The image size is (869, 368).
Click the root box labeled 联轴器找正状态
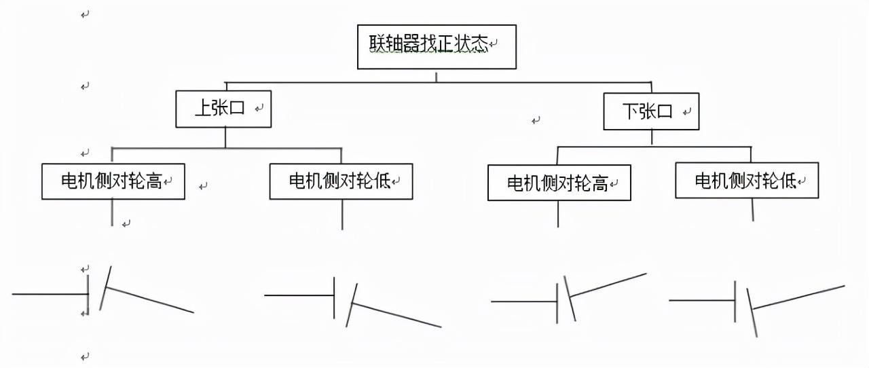click(x=437, y=46)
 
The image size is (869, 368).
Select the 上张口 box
click(x=223, y=109)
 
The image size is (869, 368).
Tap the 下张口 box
click(x=651, y=111)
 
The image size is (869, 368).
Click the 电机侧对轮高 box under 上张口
click(x=113, y=181)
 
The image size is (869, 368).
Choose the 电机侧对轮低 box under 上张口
click(x=341, y=181)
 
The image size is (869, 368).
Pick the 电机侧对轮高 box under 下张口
click(x=559, y=183)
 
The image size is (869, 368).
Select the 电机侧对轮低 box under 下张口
click(x=746, y=180)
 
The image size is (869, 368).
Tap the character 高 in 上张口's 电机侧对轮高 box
click(x=154, y=181)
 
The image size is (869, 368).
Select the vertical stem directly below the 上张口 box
click(x=225, y=137)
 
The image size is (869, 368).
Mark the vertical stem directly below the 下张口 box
click(x=652, y=137)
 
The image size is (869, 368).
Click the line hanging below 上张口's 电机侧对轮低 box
click(x=342, y=214)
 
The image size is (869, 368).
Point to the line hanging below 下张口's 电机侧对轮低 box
click(x=753, y=209)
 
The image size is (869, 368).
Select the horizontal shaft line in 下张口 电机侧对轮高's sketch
click(x=523, y=301)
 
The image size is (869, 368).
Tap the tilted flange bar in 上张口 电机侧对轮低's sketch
click(x=351, y=305)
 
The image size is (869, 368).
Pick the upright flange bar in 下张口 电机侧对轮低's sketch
click(x=735, y=301)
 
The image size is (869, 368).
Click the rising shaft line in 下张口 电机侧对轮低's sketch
click(x=798, y=297)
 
